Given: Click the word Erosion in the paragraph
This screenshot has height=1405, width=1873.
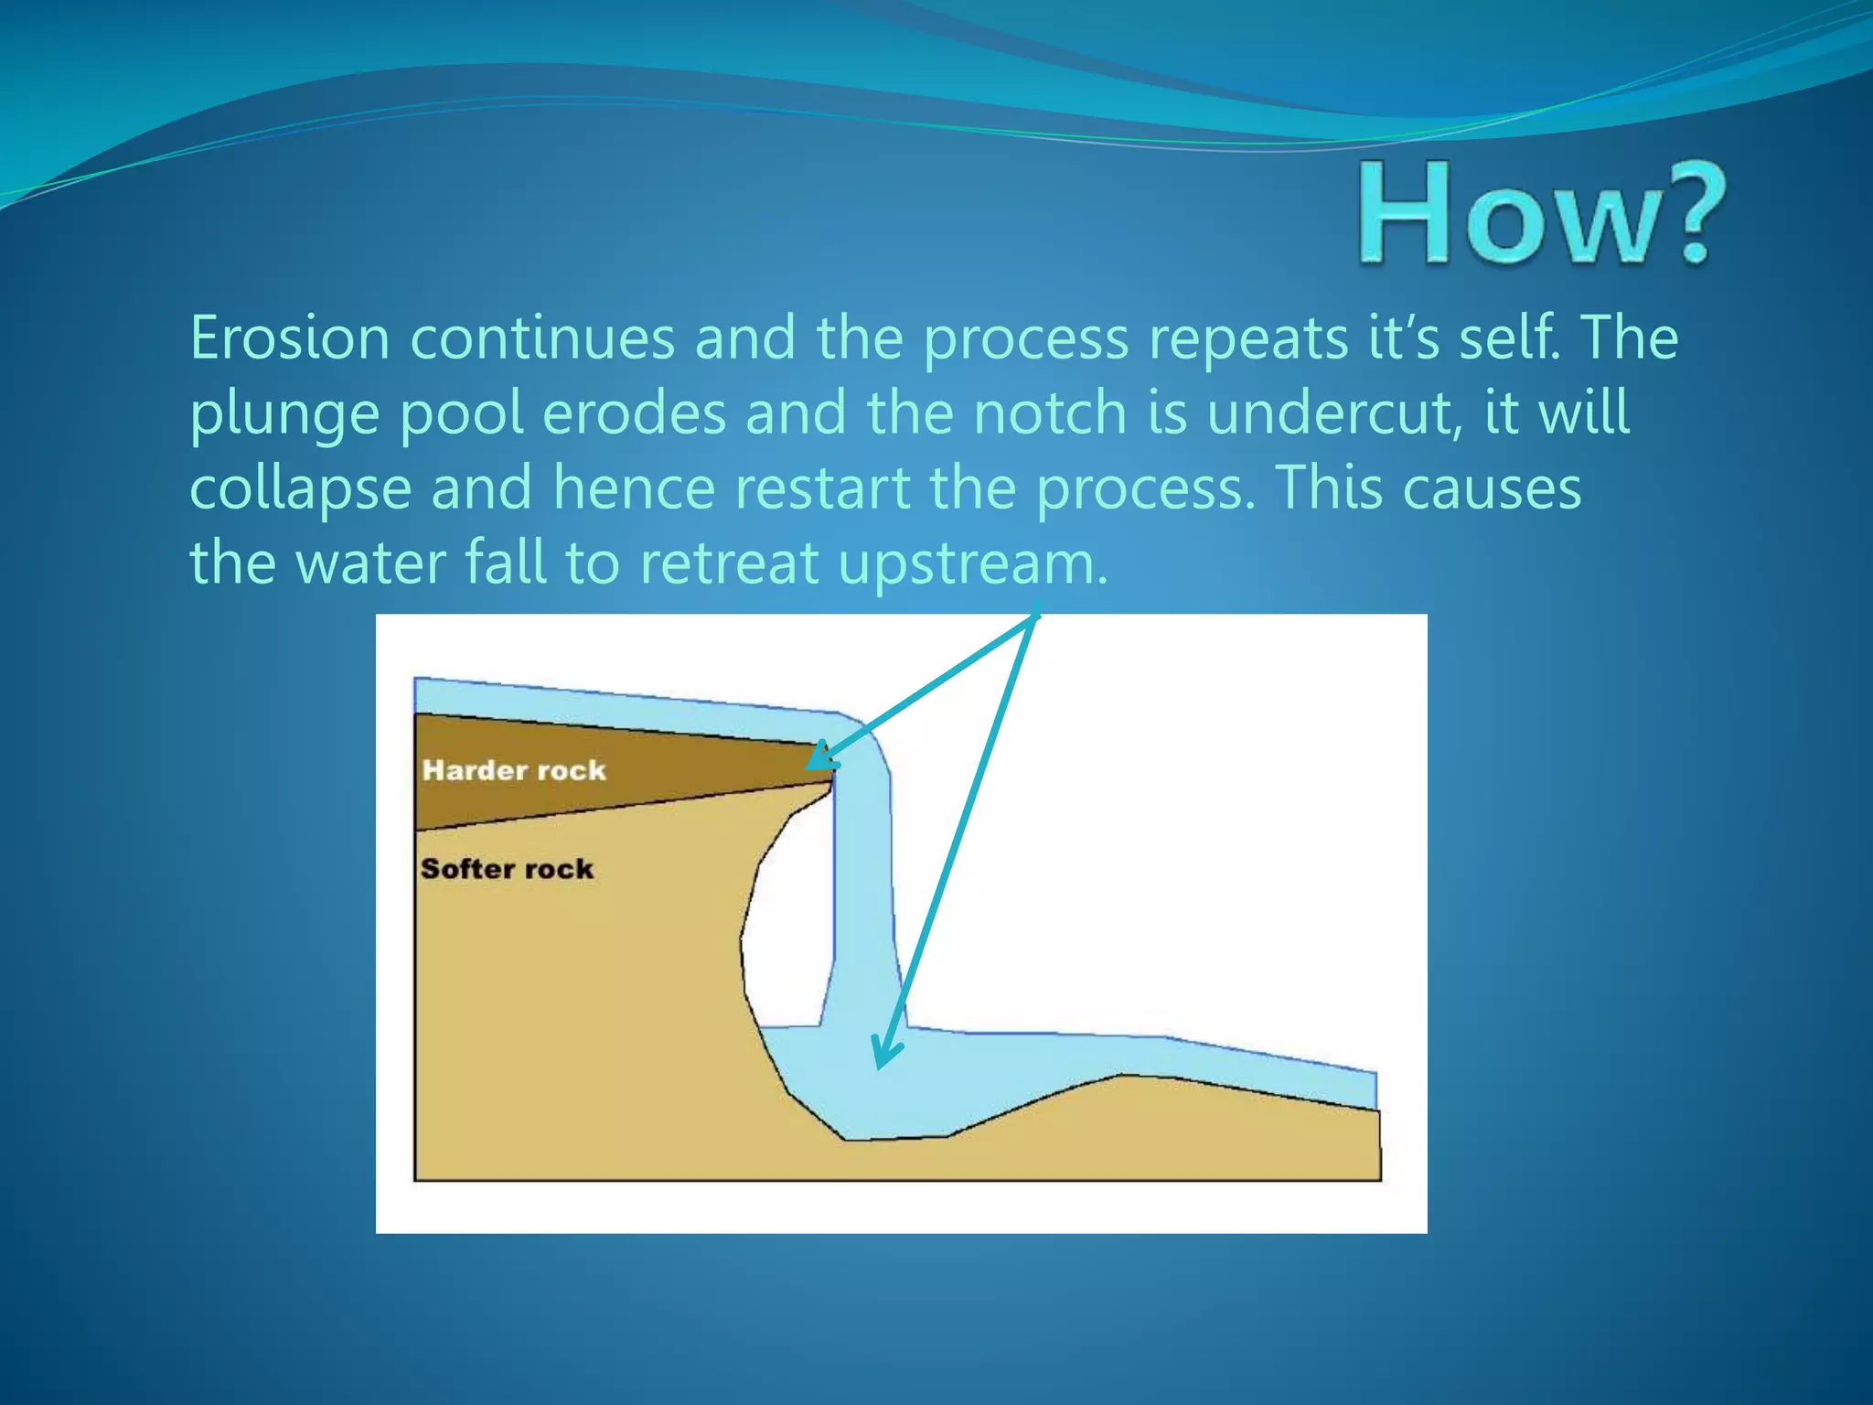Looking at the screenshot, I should pos(290,338).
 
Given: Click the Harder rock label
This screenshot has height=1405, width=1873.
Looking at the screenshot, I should pos(514,770).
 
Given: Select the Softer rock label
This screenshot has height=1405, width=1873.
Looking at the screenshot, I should pos(507,868).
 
